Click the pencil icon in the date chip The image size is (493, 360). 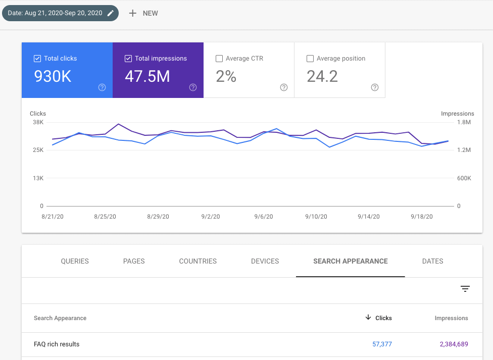[x=111, y=13]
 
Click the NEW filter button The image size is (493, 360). [x=143, y=13]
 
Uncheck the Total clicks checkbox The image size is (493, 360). [x=37, y=59]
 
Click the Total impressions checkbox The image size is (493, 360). [x=128, y=59]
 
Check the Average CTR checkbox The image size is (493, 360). [x=219, y=59]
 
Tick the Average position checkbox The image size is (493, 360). [x=310, y=59]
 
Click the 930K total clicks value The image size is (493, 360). [x=53, y=76]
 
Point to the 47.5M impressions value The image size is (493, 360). [x=147, y=76]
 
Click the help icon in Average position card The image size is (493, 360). [x=374, y=87]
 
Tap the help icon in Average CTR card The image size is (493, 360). [x=283, y=87]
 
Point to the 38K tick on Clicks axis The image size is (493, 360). [x=38, y=122]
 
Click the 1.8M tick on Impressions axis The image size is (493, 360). [x=464, y=122]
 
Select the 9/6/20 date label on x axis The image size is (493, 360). [x=263, y=217]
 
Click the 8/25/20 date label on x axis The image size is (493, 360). [x=105, y=217]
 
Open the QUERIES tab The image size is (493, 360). [x=75, y=261]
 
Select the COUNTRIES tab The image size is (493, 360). [x=198, y=261]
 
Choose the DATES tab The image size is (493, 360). [x=432, y=261]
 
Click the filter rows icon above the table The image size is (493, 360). [x=465, y=289]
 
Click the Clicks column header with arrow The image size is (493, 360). [x=379, y=318]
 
